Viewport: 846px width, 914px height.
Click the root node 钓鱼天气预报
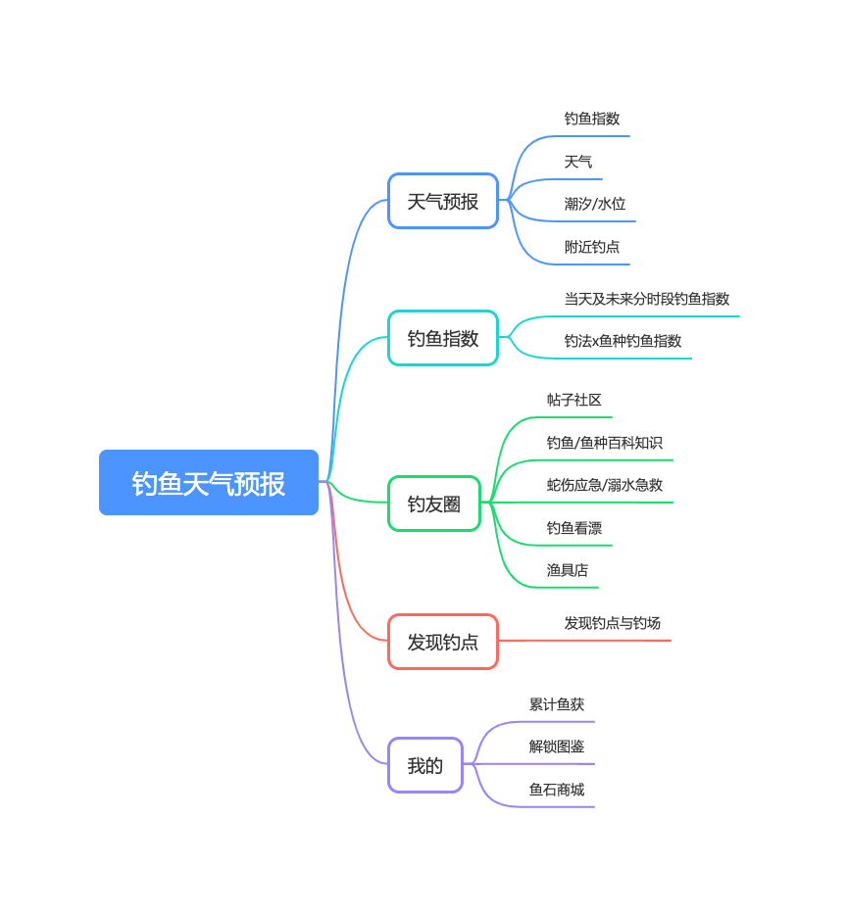[209, 483]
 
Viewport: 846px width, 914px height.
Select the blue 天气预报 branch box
[443, 201]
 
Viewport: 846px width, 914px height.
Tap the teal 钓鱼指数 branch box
[443, 338]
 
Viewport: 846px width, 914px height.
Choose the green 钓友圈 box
[434, 504]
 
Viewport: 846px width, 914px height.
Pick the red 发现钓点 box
[443, 642]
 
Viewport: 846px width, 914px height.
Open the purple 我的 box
[425, 765]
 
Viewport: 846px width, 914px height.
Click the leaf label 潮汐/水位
[595, 204]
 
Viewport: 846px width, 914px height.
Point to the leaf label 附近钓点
[592, 247]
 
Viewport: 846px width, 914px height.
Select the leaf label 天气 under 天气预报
[578, 162]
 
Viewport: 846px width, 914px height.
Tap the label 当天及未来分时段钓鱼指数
[647, 299]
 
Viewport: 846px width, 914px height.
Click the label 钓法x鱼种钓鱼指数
[622, 341]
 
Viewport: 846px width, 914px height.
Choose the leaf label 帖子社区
[574, 400]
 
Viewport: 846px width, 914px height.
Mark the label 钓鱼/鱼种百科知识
[605, 443]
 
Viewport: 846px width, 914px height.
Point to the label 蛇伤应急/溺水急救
[605, 485]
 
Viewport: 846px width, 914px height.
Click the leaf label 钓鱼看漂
[574, 528]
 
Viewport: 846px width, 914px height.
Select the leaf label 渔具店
[568, 570]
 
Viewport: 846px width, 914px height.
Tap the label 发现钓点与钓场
[613, 623]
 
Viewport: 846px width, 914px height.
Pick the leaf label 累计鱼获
[557, 704]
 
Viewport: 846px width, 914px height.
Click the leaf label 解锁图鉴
[557, 746]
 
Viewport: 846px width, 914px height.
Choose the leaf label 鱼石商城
[557, 790]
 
